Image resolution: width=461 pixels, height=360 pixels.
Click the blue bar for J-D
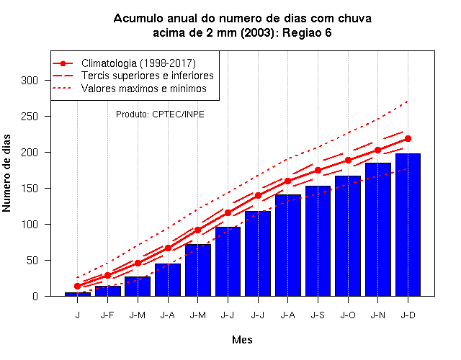(x=408, y=225)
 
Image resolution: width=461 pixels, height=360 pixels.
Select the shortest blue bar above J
(x=78, y=294)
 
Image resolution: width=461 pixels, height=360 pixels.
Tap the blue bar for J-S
(x=318, y=241)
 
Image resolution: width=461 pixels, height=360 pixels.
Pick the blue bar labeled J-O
(x=348, y=235)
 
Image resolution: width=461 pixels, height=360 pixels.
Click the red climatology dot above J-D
(x=408, y=138)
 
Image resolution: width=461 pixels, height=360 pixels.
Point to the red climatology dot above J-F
(x=107, y=275)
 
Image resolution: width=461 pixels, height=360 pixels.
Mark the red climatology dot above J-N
(x=377, y=150)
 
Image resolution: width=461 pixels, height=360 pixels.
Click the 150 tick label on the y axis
(x=30, y=189)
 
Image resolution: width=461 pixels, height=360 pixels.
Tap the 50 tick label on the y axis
(x=32, y=261)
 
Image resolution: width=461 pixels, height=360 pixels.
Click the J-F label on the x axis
(x=107, y=315)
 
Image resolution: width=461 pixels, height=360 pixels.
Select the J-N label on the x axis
(x=377, y=315)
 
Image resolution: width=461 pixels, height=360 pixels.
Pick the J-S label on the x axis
(x=318, y=315)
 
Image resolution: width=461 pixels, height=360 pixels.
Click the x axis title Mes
(x=242, y=340)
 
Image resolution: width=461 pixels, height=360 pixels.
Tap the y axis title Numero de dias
(x=6, y=173)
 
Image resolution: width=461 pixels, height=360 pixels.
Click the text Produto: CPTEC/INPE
(x=160, y=114)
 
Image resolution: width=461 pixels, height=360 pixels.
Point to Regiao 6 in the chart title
(x=307, y=32)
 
